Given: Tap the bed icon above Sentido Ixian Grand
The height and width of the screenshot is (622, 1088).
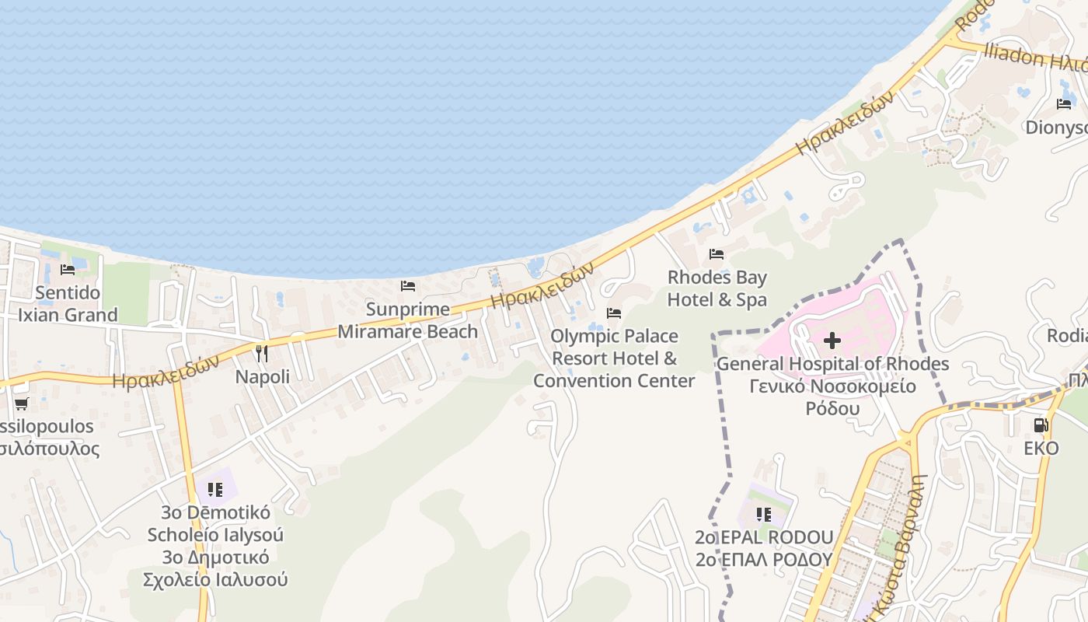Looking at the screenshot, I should click(68, 270).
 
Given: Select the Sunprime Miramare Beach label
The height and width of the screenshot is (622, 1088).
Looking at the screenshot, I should click(408, 320).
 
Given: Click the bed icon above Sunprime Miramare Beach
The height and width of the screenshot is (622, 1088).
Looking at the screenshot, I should click(408, 286).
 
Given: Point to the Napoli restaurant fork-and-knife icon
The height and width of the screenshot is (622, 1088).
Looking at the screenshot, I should click(262, 354).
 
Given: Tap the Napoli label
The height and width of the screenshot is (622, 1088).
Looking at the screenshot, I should click(263, 377).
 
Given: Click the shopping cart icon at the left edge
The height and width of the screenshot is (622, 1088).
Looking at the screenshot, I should click(21, 404).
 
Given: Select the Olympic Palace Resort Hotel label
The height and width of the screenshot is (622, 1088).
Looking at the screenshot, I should click(614, 358).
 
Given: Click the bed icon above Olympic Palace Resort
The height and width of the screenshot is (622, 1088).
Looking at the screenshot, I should click(614, 313).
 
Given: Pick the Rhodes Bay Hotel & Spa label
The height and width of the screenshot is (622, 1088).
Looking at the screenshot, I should click(717, 288).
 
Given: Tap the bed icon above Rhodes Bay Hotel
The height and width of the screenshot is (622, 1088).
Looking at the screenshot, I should click(717, 254).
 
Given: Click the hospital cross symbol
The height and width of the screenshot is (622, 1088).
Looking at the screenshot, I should click(832, 341).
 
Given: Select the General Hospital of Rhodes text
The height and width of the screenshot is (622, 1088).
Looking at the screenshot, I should click(832, 364).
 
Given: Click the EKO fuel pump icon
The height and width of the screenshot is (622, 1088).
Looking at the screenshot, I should click(1041, 425).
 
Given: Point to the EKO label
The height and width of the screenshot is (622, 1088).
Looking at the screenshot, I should click(1041, 449).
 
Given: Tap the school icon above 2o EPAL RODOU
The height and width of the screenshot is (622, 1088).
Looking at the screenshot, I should click(764, 514).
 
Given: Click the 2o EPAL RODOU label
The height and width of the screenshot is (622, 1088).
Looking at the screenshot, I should click(764, 537).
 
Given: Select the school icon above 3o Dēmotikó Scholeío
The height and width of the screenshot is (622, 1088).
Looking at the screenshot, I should click(215, 489).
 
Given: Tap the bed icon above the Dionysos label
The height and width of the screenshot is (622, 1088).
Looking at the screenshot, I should click(1064, 104).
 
